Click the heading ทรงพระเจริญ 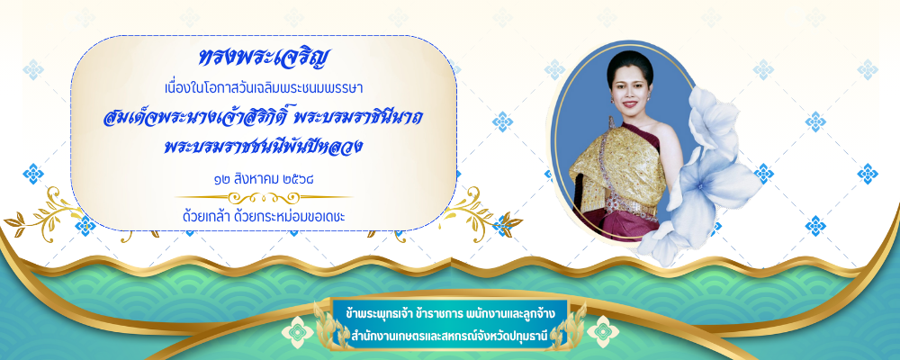pos(265,59)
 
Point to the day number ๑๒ pos(221,179)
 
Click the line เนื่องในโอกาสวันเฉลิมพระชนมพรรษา pos(264,89)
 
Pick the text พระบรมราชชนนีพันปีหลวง pos(263,147)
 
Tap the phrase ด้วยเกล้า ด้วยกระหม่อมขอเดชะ pos(264,217)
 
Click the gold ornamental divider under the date pos(264,197)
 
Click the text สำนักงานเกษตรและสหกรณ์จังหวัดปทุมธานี pos(449,334)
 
